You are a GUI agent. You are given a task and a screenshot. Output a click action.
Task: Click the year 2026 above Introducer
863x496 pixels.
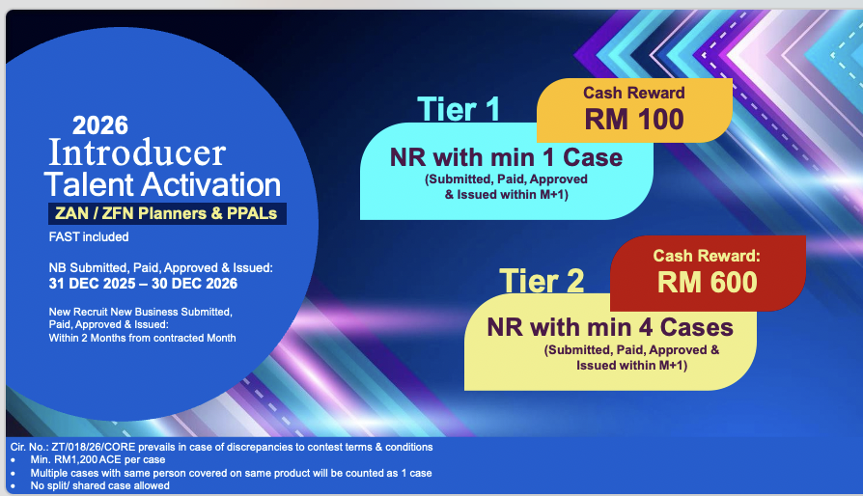coord(100,125)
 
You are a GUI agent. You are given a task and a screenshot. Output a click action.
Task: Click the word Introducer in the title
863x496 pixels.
coord(137,152)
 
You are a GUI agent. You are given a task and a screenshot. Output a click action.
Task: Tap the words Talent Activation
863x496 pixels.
coord(162,184)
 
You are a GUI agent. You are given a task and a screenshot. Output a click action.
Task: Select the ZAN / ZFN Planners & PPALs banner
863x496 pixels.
coord(167,213)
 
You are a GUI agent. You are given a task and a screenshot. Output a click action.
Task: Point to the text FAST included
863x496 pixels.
coord(89,237)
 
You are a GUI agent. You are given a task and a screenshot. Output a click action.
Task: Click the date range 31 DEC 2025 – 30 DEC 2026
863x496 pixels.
coord(143,284)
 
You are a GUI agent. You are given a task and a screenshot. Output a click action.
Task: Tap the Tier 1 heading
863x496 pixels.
coord(459,109)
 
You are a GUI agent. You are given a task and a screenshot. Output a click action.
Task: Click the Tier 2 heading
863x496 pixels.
coord(542,281)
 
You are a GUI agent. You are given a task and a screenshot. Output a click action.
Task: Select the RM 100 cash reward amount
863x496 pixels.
coord(634,120)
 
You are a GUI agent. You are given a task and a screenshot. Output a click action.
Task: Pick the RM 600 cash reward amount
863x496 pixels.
coord(708,282)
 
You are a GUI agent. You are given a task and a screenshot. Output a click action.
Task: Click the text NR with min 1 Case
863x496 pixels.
coord(507,158)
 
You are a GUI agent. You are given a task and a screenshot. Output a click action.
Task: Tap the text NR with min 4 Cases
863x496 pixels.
coord(610,328)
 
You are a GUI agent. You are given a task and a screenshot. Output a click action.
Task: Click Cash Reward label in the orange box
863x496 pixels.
coord(634,93)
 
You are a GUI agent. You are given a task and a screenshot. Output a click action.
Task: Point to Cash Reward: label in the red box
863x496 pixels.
coord(707,256)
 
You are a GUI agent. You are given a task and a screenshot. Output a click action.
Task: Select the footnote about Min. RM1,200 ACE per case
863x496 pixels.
coord(97,459)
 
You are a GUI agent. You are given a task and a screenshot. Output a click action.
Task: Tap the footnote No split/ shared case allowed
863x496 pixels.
coord(99,485)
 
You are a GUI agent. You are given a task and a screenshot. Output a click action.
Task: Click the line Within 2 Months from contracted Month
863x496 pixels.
coord(142,338)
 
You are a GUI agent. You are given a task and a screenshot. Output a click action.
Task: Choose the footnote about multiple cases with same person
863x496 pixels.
coord(231,473)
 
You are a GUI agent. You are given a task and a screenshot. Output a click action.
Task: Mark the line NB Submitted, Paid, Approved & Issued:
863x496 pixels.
coord(160,268)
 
